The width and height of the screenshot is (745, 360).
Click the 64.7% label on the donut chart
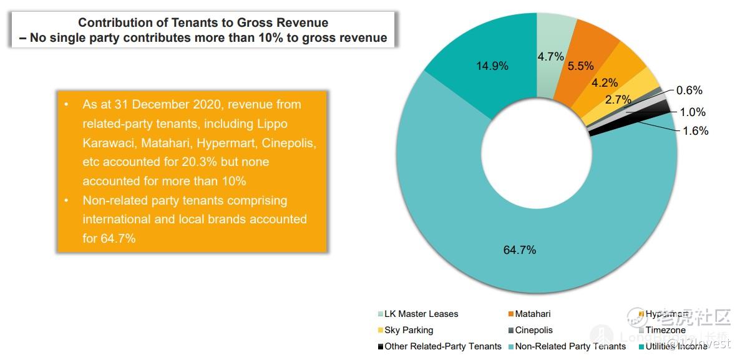519,250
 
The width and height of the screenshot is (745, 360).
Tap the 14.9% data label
492,66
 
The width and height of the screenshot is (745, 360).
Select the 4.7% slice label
550,57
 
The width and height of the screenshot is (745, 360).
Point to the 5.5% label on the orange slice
580,66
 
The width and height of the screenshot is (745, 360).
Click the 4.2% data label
605,82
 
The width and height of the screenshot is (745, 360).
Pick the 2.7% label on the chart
618,99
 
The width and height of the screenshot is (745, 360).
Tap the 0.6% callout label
689,90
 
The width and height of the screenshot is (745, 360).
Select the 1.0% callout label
693,112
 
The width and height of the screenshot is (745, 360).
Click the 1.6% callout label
696,131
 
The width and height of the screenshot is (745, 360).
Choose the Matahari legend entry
532,314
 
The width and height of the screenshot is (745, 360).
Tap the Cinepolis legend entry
533,330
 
